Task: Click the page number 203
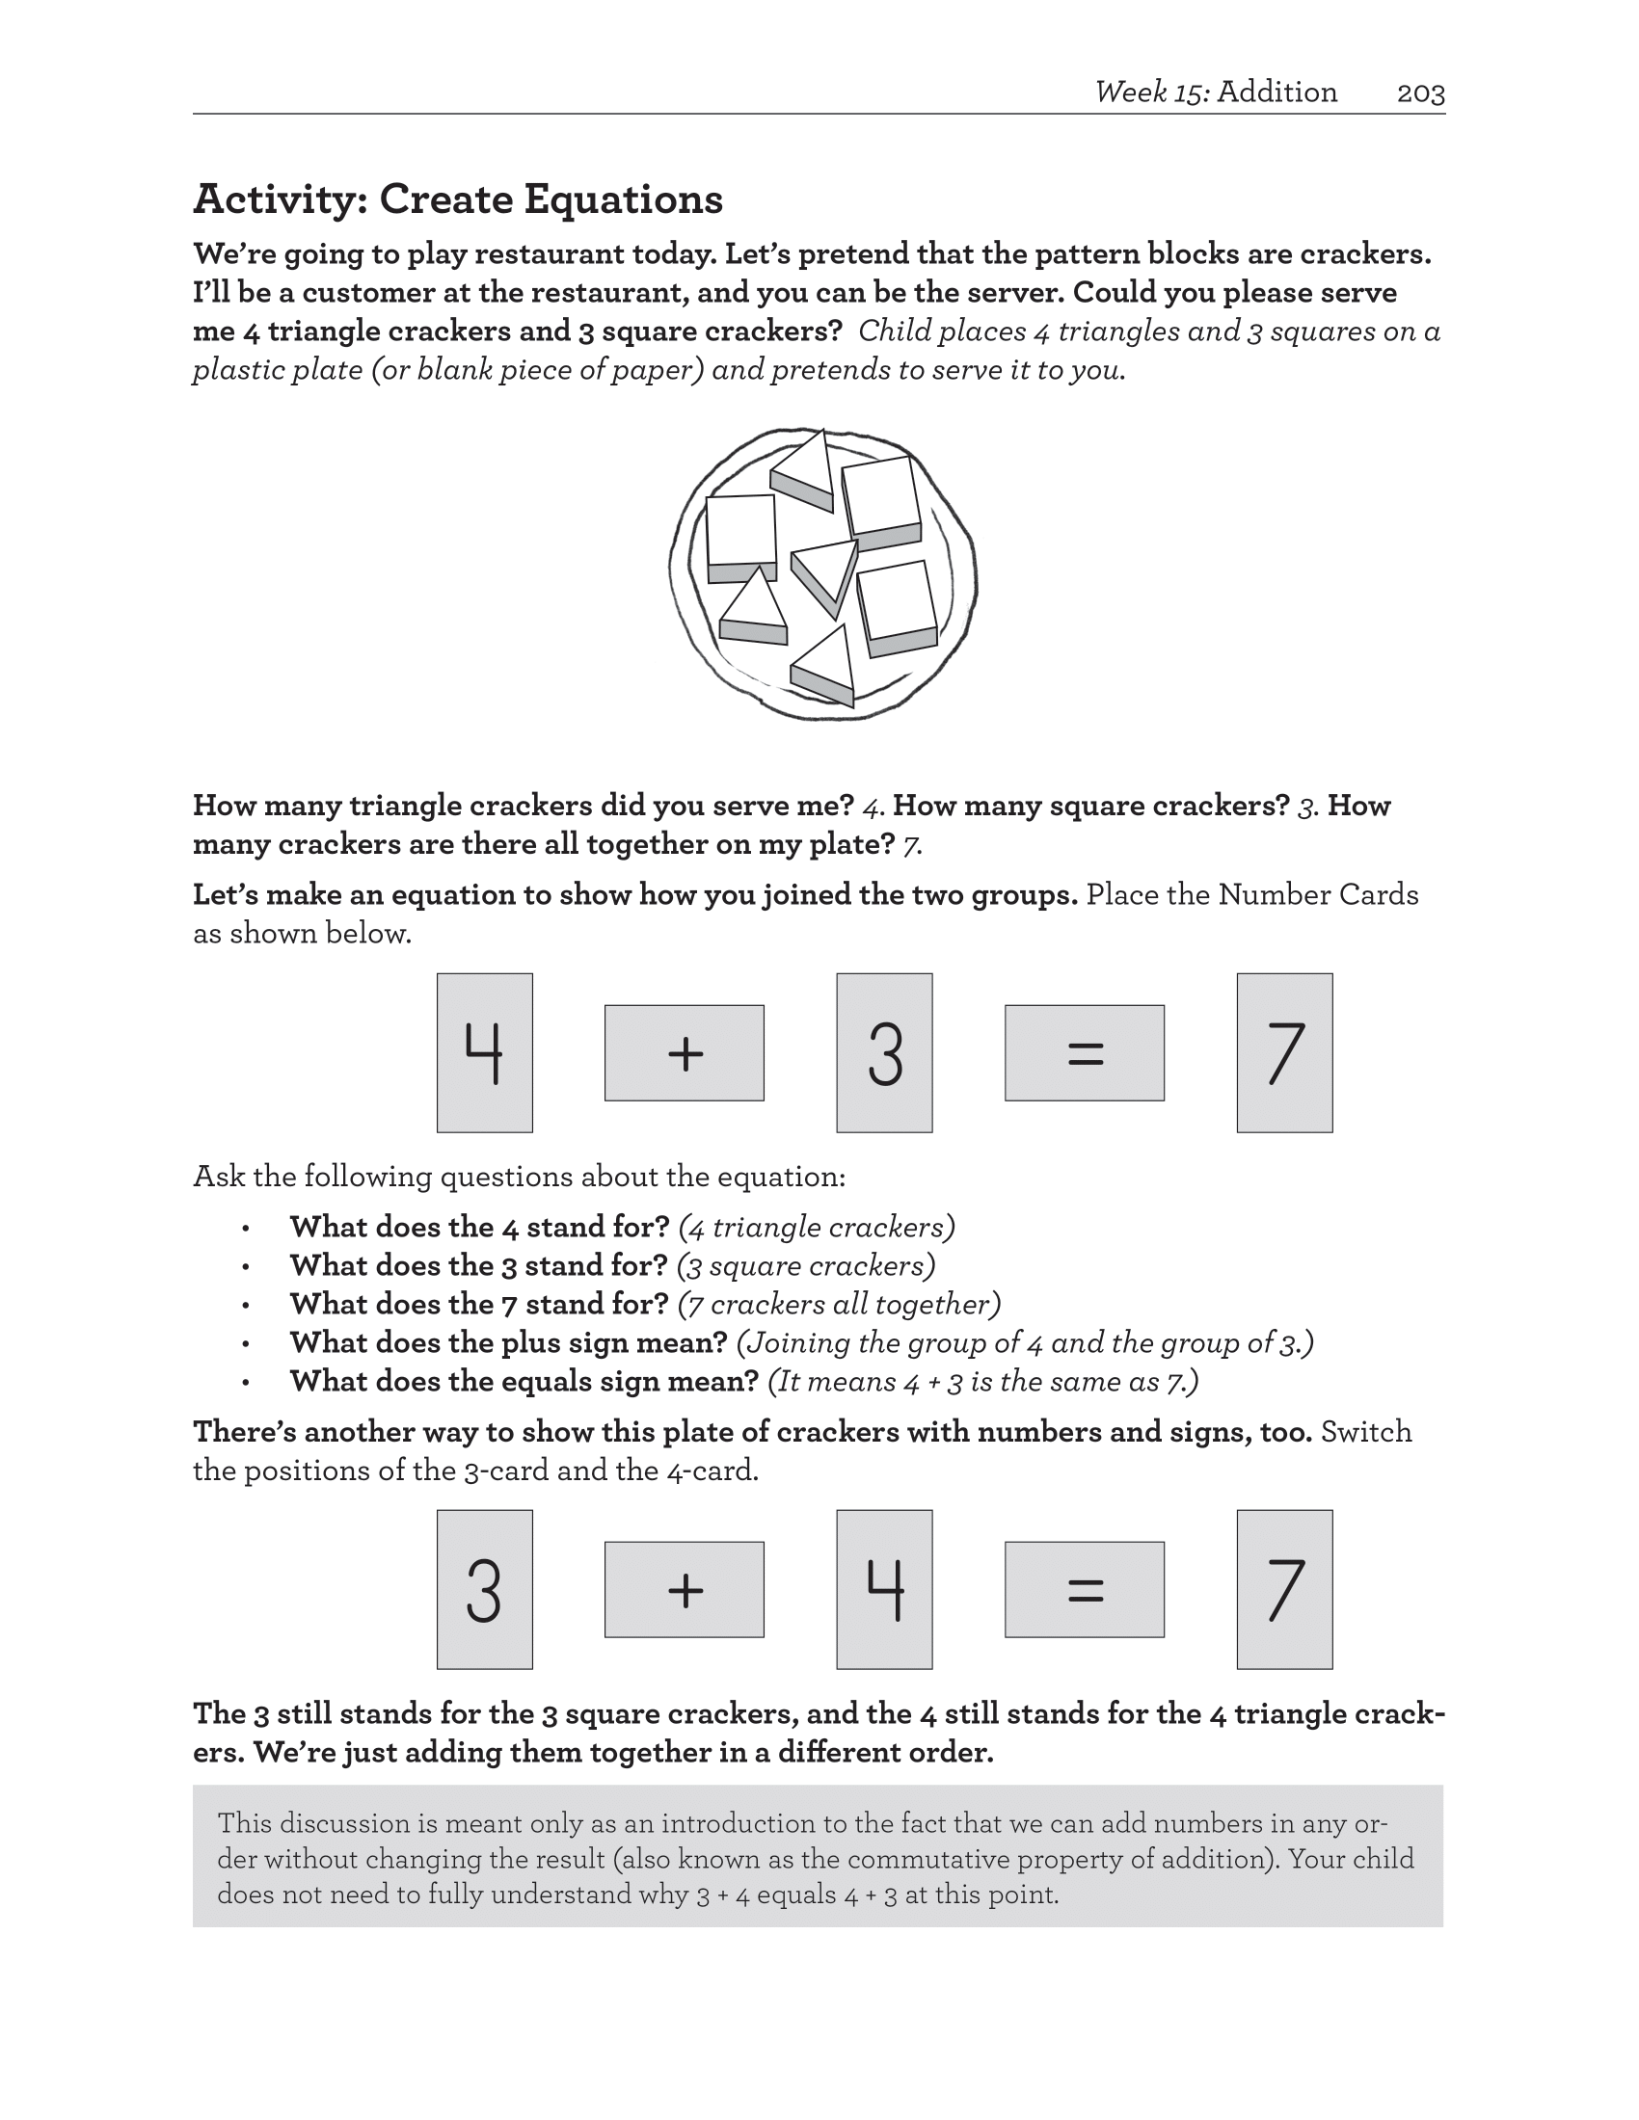point(1420,93)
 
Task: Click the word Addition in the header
point(1276,93)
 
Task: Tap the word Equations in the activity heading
point(624,199)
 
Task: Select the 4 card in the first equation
point(485,1052)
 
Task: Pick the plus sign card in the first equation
point(685,1052)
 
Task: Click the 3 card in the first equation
point(884,1052)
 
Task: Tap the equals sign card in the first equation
point(1085,1052)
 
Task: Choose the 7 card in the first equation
point(1284,1052)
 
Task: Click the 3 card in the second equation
point(485,1589)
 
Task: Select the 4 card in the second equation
point(884,1589)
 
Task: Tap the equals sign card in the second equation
point(1085,1589)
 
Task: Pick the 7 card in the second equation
point(1284,1589)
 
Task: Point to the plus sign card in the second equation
point(685,1589)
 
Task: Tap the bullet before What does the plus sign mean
point(247,1344)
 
